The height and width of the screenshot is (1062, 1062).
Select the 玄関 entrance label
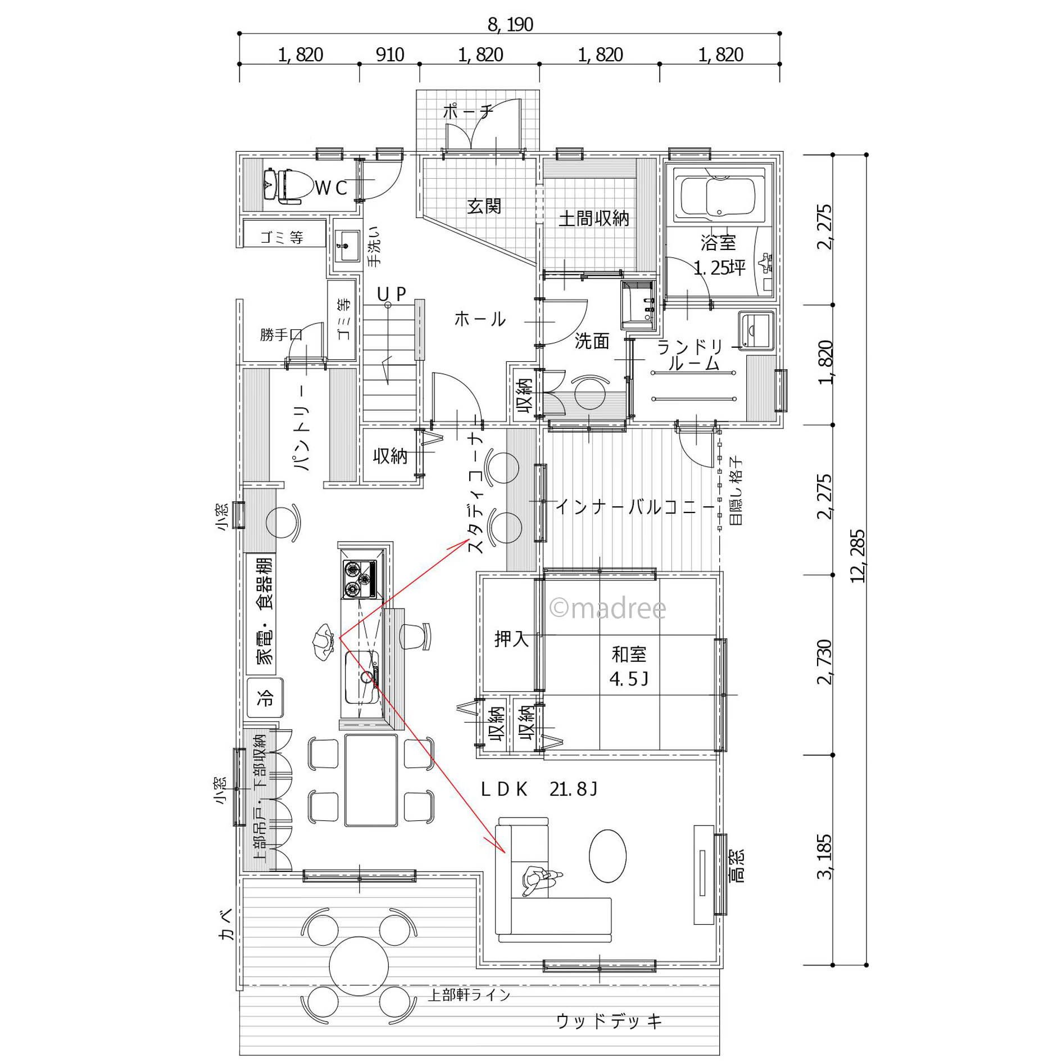pyautogui.click(x=484, y=206)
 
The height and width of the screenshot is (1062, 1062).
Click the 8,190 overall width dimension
pyautogui.click(x=510, y=24)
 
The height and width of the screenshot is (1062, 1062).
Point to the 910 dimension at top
pyautogui.click(x=389, y=55)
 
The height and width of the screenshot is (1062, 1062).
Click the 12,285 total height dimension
pyautogui.click(x=857, y=556)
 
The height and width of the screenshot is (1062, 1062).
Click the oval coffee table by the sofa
pyautogui.click(x=607, y=856)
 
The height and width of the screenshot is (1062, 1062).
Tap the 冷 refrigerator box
pyautogui.click(x=265, y=697)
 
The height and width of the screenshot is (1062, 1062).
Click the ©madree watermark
pyautogui.click(x=607, y=608)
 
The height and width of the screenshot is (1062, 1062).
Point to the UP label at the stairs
pyautogui.click(x=391, y=294)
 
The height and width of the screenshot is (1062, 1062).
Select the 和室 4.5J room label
pyautogui.click(x=629, y=666)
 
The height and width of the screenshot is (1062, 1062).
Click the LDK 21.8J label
pyautogui.click(x=539, y=789)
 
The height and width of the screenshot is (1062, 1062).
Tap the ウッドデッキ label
pyautogui.click(x=609, y=1021)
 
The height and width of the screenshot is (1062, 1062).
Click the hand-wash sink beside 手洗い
pyautogui.click(x=347, y=246)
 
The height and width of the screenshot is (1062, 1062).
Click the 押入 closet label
pyautogui.click(x=511, y=639)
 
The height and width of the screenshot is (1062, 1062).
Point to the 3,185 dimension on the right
pyautogui.click(x=824, y=857)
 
